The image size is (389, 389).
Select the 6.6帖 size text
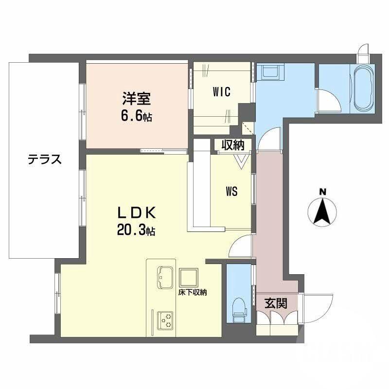(x=136, y=117)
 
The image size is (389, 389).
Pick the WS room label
(x=231, y=192)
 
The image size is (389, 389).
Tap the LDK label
(x=136, y=213)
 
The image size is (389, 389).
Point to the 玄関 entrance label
(x=275, y=303)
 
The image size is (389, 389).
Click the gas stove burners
(x=165, y=319)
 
